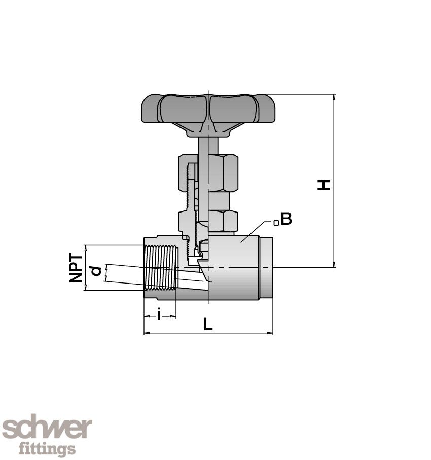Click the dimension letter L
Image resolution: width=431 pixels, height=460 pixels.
207,325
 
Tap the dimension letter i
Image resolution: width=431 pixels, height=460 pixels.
159,315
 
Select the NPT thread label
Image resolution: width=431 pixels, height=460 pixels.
76,268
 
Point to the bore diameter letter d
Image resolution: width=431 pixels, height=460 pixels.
96,271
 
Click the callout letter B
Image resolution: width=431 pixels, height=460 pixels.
286,220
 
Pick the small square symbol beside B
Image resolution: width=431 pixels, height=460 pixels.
276,223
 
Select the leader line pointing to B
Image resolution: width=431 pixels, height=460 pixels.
256,228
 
